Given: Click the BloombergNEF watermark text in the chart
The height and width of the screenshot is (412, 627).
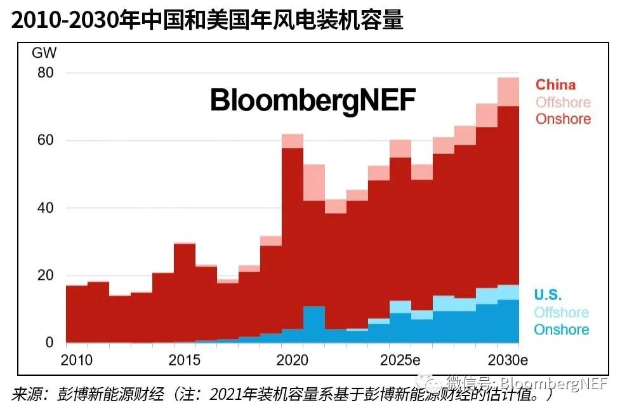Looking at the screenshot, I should pyautogui.click(x=313, y=100).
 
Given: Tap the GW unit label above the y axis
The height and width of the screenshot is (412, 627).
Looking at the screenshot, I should pyautogui.click(x=43, y=53).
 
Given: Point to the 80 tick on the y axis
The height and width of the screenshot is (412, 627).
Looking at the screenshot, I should pyautogui.click(x=45, y=73).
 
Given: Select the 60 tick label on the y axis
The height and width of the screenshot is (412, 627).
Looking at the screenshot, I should pyautogui.click(x=45, y=140).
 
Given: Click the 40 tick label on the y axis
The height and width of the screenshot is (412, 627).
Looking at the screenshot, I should pyautogui.click(x=45, y=208).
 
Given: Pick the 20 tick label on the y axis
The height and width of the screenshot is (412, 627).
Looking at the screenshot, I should pyautogui.click(x=45, y=276).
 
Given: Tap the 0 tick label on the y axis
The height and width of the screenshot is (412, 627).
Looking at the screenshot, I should pyautogui.click(x=49, y=343).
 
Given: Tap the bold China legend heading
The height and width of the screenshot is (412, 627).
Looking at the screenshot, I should pyautogui.click(x=555, y=85).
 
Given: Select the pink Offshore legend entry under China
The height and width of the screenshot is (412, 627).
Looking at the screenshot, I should pyautogui.click(x=563, y=102).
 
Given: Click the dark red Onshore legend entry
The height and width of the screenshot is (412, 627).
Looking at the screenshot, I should pyautogui.click(x=563, y=119).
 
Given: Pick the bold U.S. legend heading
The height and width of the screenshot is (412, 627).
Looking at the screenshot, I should pyautogui.click(x=548, y=295).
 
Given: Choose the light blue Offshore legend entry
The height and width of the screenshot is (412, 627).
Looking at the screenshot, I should pyautogui.click(x=561, y=312).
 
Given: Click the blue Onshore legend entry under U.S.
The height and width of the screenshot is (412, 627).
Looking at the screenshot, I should pyautogui.click(x=561, y=329).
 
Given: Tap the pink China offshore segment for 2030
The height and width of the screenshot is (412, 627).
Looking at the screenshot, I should pyautogui.click(x=508, y=92).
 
